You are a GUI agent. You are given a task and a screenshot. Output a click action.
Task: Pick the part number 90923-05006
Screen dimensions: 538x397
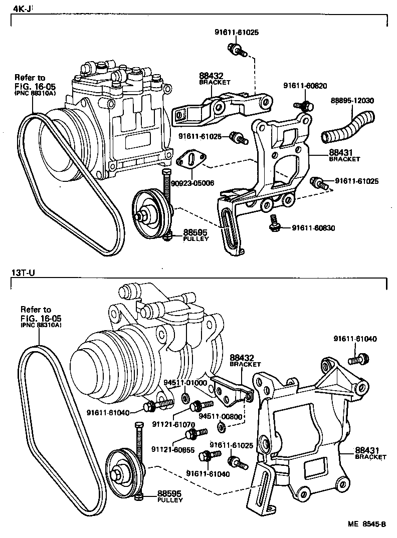click(x=192, y=183)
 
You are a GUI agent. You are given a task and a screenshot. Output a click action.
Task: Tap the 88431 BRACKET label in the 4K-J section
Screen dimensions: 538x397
click(x=344, y=155)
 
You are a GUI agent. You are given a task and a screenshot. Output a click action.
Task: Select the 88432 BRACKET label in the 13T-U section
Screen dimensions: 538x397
click(x=245, y=361)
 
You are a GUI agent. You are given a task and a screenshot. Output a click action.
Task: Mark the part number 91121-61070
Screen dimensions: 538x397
click(x=173, y=424)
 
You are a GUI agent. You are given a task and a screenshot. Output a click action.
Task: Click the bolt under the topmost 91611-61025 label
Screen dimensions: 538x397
click(x=235, y=49)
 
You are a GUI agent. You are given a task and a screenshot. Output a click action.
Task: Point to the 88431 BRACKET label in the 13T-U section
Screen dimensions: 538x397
click(x=370, y=453)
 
